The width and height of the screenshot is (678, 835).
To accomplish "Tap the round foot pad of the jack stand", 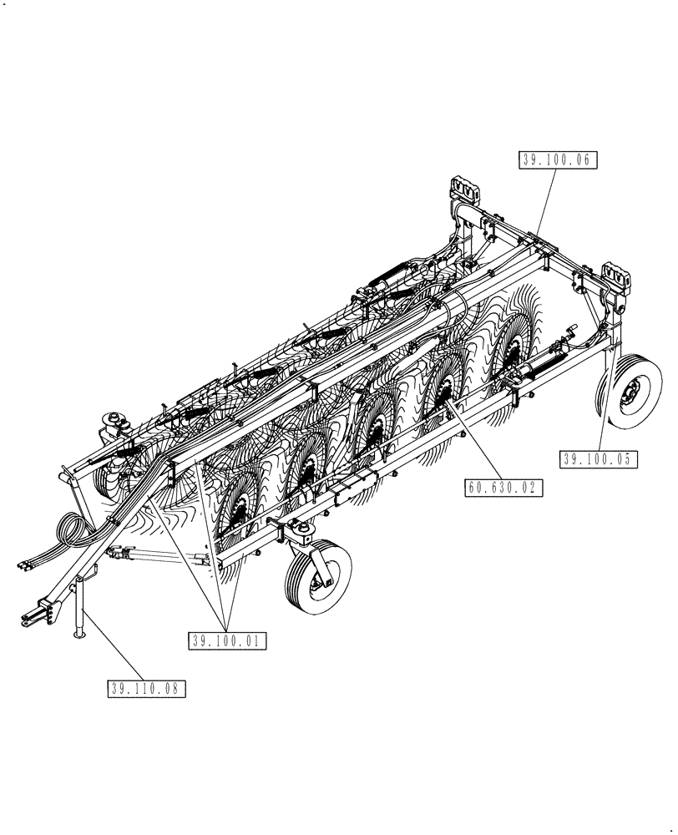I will pyautogui.click(x=80, y=635).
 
